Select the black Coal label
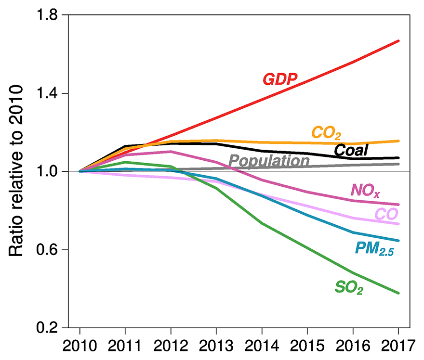click(x=351, y=150)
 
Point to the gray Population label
click(x=269, y=161)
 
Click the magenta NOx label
click(x=365, y=192)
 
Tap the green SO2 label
click(x=348, y=288)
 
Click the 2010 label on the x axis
click(x=79, y=346)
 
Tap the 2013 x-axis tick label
click(x=216, y=346)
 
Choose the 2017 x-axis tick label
click(x=398, y=346)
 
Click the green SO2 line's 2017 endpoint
click(x=398, y=293)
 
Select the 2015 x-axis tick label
click(x=307, y=346)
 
